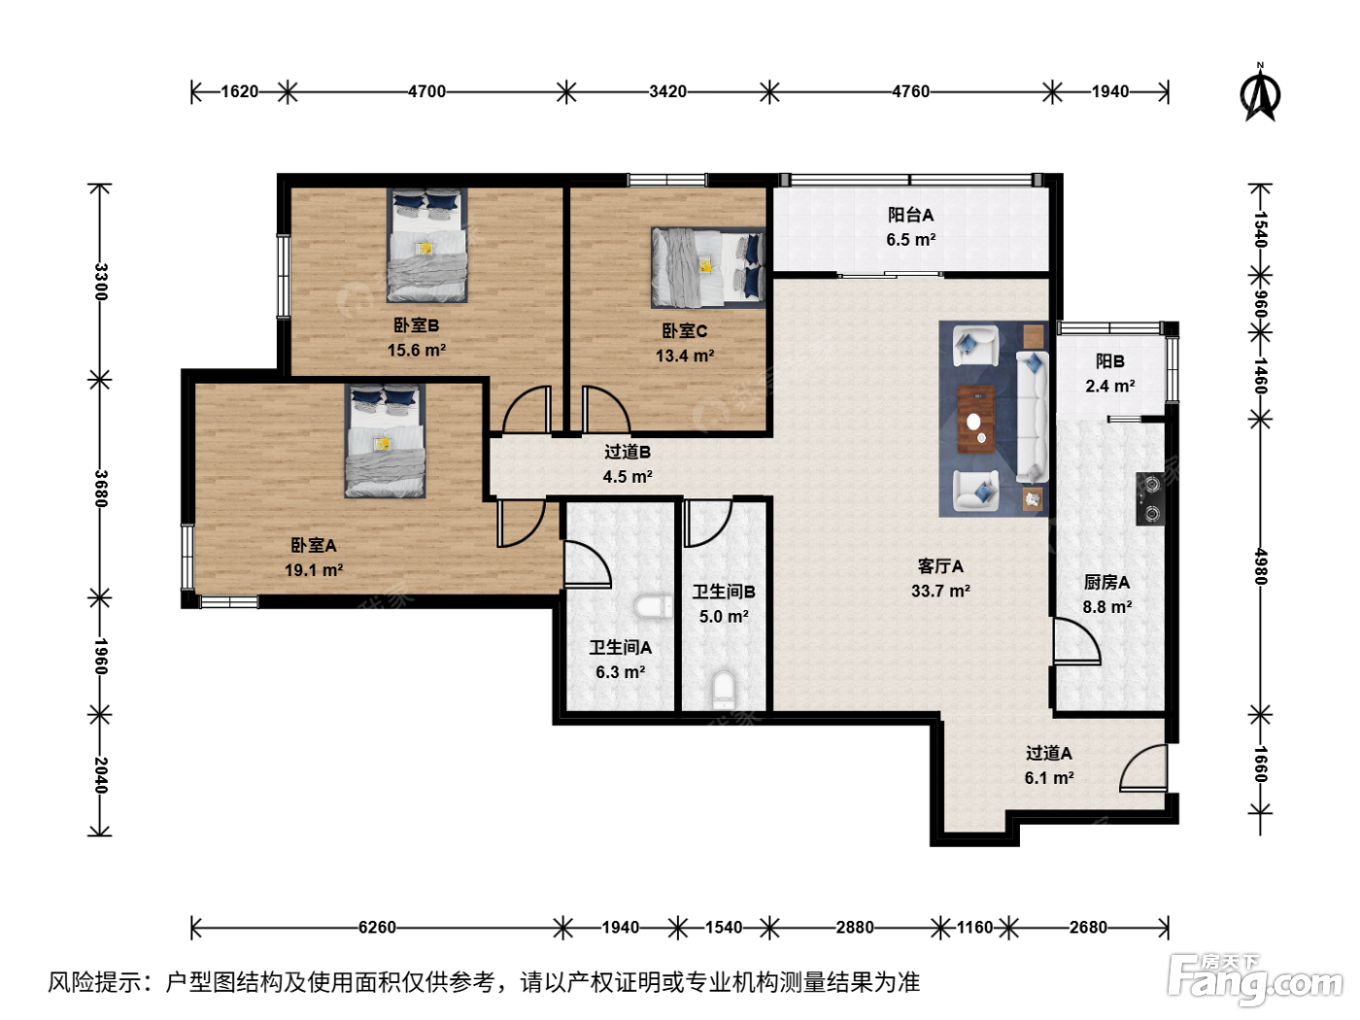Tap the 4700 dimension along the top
click(426, 91)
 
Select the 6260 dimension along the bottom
click(377, 927)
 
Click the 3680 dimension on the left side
click(100, 489)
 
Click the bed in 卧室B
click(426, 245)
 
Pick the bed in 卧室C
click(708, 267)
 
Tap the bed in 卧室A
click(385, 441)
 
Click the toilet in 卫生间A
click(653, 606)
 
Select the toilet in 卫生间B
click(724, 690)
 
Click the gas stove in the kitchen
click(1150, 498)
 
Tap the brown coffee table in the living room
click(976, 420)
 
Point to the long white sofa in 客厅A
click(1033, 417)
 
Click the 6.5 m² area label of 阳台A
click(911, 240)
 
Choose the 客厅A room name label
click(940, 566)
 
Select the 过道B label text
click(628, 452)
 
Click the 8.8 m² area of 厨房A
click(1107, 607)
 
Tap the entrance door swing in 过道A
click(1143, 768)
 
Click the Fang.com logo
click(1255, 980)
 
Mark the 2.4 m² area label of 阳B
click(1110, 387)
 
